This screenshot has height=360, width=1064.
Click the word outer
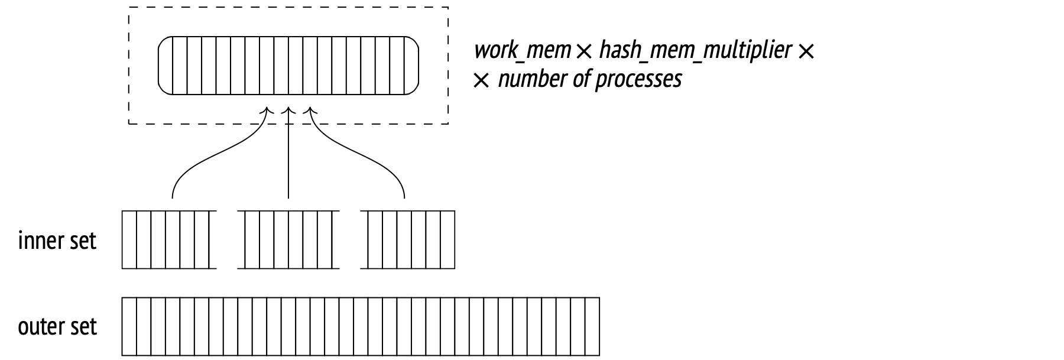[41, 327]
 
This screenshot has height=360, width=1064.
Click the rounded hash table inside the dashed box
[288, 65]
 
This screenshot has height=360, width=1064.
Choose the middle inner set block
[288, 239]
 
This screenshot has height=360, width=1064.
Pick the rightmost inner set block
[408, 239]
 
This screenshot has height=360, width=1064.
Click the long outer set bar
[361, 326]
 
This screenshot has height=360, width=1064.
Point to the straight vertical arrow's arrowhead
[288, 111]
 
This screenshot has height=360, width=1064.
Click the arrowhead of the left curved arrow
[268, 111]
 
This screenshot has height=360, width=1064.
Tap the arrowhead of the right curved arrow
[310, 111]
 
